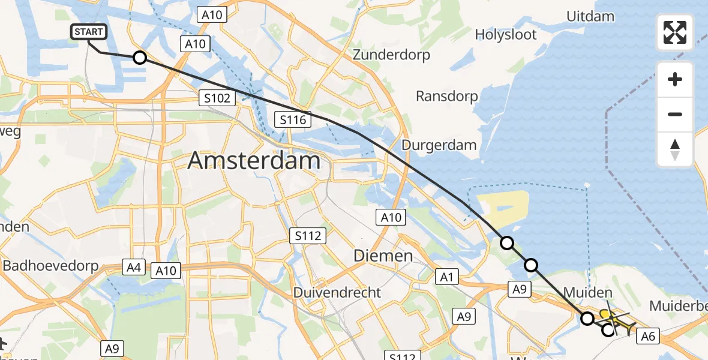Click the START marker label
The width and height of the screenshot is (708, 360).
point(89,32)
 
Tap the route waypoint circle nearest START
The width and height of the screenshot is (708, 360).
point(139,58)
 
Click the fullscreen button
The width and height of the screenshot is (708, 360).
point(675,32)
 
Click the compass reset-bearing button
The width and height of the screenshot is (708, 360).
point(675,149)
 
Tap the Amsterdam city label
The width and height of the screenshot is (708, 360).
point(254,161)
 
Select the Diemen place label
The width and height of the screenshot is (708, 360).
point(383,256)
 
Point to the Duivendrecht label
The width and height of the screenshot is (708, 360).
point(337,292)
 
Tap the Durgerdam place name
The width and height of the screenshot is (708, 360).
point(439,145)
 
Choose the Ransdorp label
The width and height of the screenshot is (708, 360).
point(447,96)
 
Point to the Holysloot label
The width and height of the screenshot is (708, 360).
point(506,34)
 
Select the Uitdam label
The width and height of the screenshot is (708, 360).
point(590,16)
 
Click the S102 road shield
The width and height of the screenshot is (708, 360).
point(217,98)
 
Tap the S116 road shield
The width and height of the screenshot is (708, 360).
point(293,119)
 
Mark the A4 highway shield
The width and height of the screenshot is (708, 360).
point(133,267)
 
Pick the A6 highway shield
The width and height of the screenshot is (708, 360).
point(647,337)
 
